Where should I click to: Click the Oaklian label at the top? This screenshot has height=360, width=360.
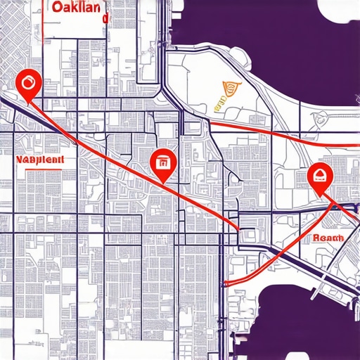point(78,8)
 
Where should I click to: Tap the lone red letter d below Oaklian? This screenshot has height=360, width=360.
point(105,20)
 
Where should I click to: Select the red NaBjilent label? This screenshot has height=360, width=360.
point(39,160)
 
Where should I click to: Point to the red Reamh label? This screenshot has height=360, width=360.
point(328,238)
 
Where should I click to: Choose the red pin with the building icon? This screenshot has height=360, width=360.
point(162,163)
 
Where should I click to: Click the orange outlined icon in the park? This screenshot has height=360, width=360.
point(230,90)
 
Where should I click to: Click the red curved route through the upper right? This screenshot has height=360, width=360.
point(281,134)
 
